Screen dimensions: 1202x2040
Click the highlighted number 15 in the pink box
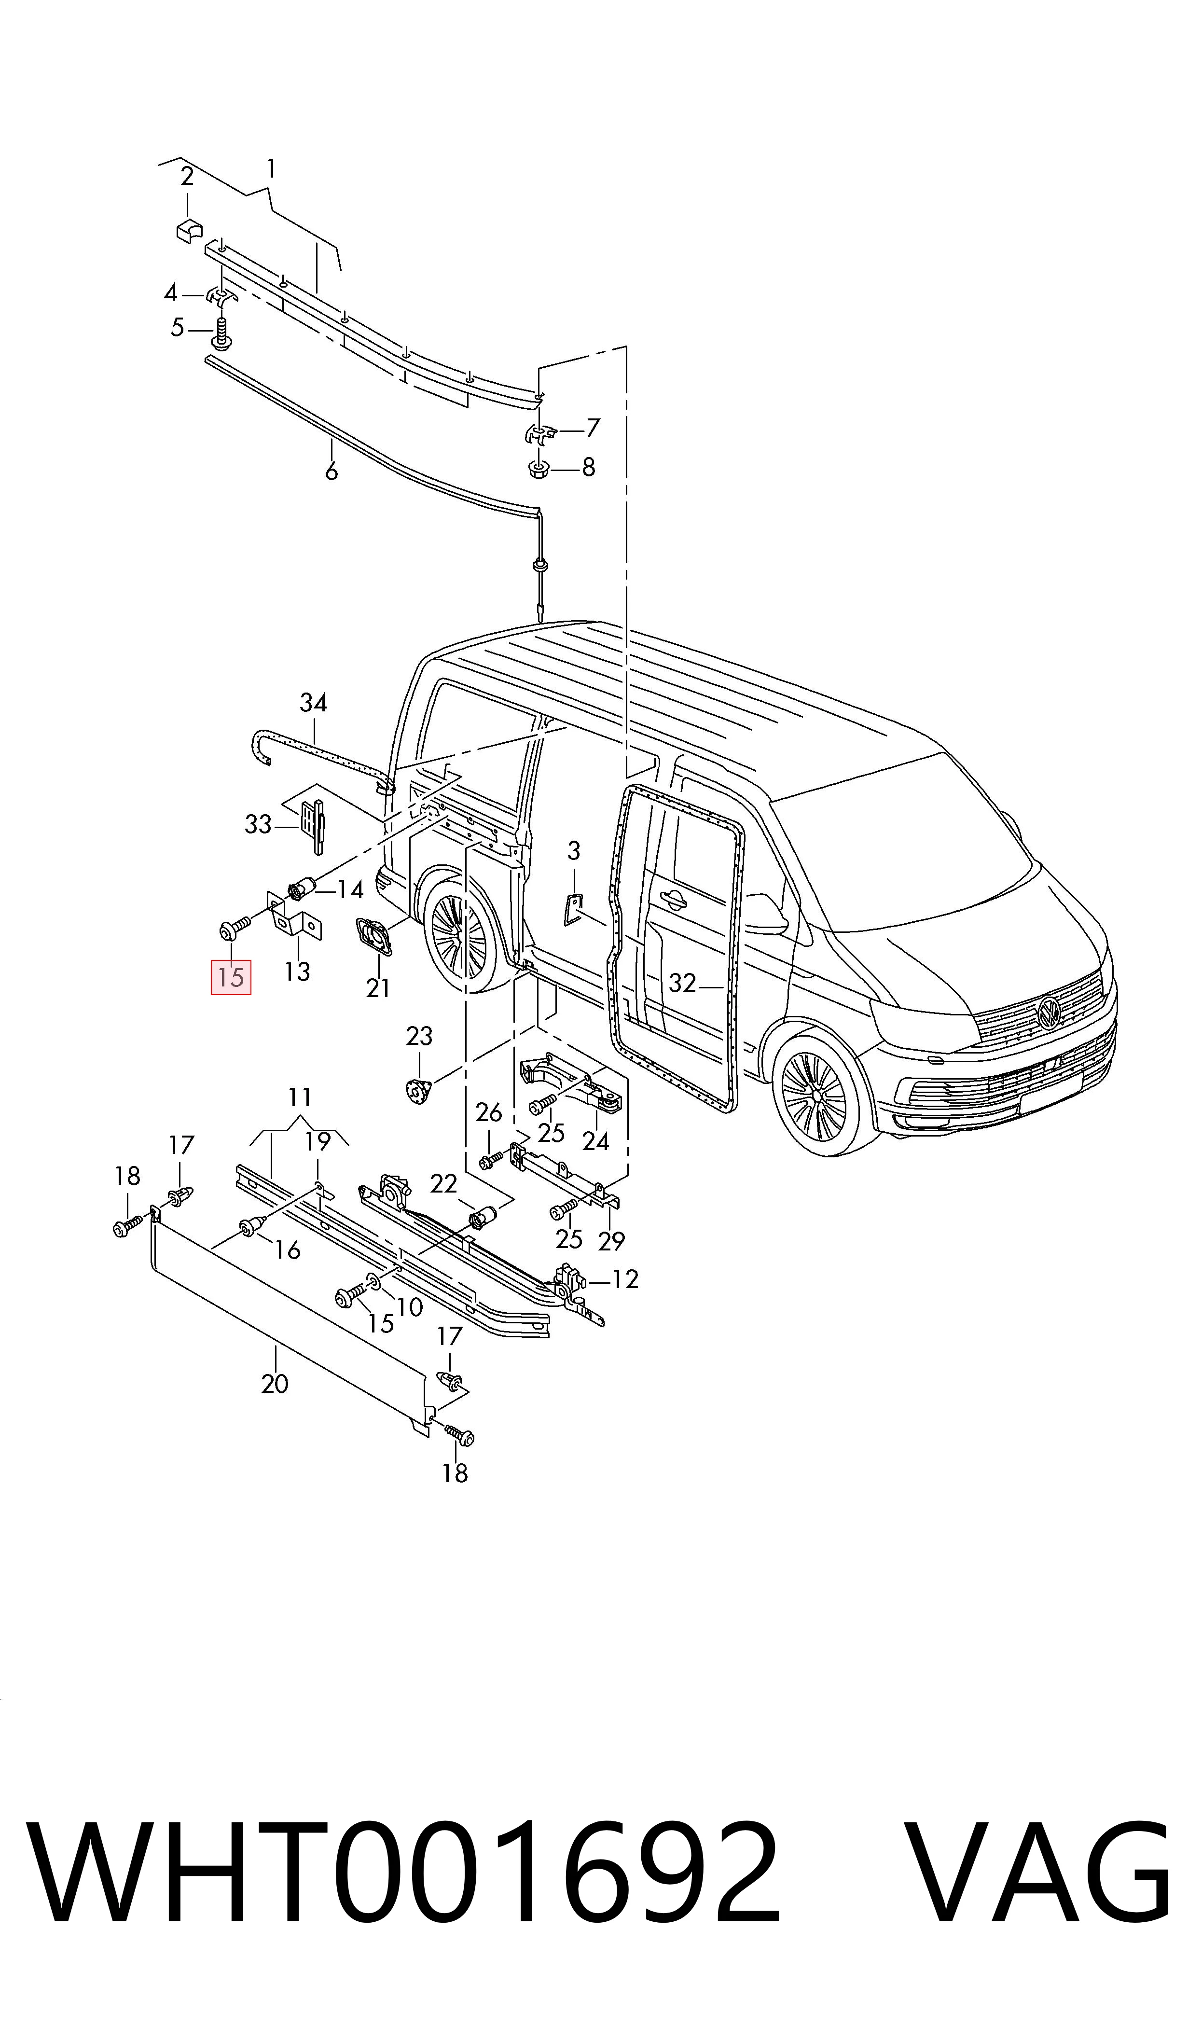[x=231, y=977]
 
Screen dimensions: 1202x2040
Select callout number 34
[x=314, y=702]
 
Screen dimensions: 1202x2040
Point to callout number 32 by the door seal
[x=682, y=982]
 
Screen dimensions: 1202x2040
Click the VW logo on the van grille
[x=1050, y=1013]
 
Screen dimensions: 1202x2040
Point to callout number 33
[x=258, y=824]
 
